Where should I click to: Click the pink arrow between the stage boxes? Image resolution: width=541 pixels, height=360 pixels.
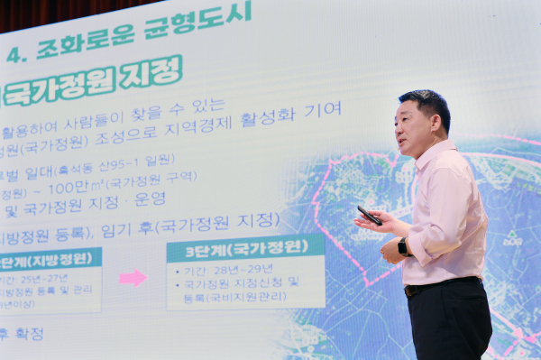(133, 277)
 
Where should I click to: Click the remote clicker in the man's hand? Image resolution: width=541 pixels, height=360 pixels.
(370, 216)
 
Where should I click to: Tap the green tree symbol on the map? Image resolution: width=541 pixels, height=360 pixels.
(512, 238)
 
